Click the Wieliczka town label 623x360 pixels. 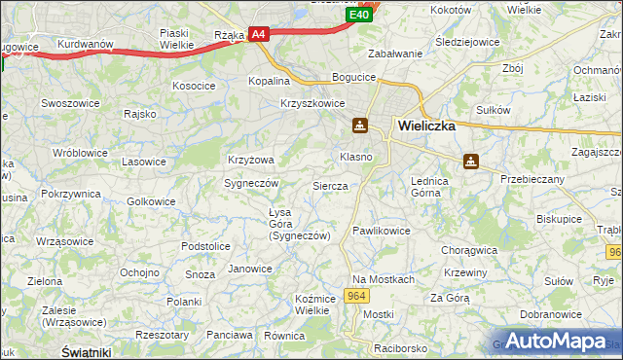[426, 125]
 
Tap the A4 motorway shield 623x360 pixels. [258, 34]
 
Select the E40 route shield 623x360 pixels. [359, 15]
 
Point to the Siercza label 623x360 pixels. [330, 185]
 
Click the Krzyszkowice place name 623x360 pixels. [312, 103]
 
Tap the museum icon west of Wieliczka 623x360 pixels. [360, 125]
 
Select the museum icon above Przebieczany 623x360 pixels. [471, 162]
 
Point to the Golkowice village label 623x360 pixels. [152, 201]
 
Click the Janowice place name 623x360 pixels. [249, 269]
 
